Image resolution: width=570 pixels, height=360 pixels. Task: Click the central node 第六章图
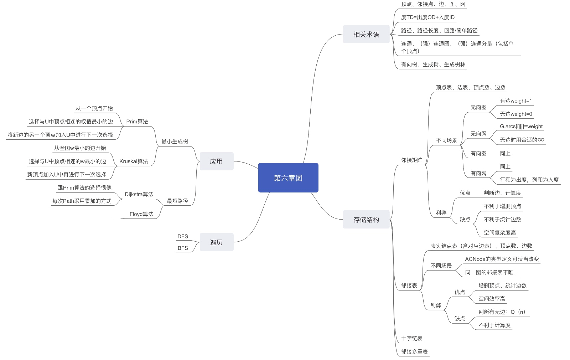[x=288, y=178]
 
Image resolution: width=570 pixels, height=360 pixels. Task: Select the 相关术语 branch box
[x=366, y=34]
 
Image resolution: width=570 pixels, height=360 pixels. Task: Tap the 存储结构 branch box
[x=366, y=220]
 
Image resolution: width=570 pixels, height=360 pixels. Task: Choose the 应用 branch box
[x=216, y=161]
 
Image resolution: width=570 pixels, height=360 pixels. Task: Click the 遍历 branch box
[x=216, y=242]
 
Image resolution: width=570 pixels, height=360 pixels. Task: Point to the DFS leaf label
[x=183, y=236]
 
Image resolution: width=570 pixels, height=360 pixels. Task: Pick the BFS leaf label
[x=183, y=248]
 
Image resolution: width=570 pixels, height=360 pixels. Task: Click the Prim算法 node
[x=137, y=122]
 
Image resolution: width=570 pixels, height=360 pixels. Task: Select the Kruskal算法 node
[x=134, y=161]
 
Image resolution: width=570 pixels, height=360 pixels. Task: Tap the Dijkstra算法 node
[x=139, y=194]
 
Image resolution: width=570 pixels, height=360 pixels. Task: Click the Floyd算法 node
[x=141, y=214]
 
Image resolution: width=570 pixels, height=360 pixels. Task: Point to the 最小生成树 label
[x=175, y=142]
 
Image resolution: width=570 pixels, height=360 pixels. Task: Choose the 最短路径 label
[x=177, y=201]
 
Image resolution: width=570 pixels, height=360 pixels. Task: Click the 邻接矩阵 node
[x=412, y=160]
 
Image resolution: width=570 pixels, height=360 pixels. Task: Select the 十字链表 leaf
[x=412, y=338]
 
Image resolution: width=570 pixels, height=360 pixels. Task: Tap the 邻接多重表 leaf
[x=414, y=352]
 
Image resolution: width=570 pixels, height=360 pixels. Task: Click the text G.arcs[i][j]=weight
[x=521, y=126]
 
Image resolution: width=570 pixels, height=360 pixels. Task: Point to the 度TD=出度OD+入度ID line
[x=428, y=17]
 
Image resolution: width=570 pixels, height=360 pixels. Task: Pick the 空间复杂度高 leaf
[x=499, y=232]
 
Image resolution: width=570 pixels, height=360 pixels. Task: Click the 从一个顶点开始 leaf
[x=94, y=108]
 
